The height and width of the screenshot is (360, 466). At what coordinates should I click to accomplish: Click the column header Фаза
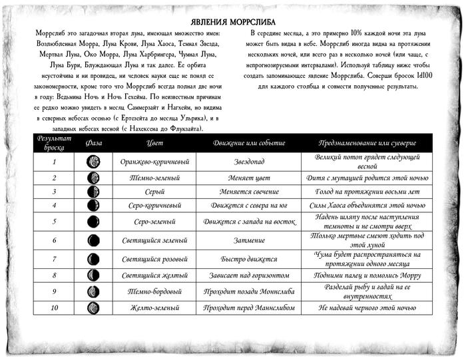point(94,143)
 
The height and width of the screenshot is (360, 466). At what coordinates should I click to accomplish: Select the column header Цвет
point(154,143)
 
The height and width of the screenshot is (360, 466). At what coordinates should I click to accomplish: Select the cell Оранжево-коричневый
point(155,162)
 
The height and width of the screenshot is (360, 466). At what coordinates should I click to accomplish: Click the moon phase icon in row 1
point(94,162)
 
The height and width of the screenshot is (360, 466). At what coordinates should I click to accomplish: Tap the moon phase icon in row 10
point(94,308)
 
